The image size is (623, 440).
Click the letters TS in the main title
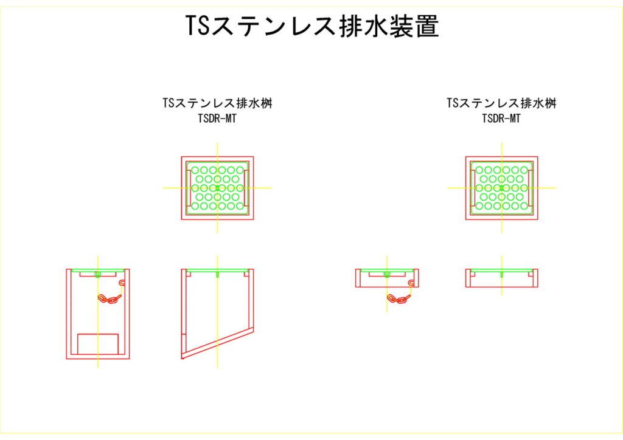point(198,26)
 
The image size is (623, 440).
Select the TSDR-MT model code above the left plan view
point(217,119)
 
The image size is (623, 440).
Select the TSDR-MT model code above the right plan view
point(501,119)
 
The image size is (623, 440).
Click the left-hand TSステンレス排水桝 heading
point(217,103)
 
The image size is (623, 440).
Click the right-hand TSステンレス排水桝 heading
point(501,103)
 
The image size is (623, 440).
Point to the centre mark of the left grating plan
point(217,188)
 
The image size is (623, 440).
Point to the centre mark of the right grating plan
point(502,188)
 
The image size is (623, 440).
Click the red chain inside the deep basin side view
point(110,298)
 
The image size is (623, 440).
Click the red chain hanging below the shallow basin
point(398,299)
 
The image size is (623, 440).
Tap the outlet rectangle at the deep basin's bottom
point(98,344)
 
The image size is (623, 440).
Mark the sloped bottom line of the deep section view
point(217,343)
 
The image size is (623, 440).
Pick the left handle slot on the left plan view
point(189,188)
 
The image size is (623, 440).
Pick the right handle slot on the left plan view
point(246,188)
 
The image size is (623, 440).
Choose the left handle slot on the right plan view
point(473,188)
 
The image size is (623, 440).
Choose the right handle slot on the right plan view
point(531,188)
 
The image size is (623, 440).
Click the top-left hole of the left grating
point(195,170)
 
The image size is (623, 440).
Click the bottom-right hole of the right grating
point(524,206)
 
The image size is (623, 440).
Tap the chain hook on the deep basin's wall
point(122,283)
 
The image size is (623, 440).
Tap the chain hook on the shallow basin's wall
point(412,283)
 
